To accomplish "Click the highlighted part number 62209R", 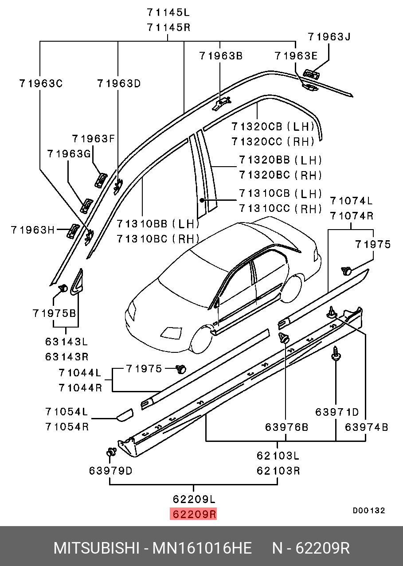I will [x=194, y=514].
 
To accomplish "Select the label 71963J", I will [x=329, y=37].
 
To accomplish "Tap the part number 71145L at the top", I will [x=168, y=12].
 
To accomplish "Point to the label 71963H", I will [x=32, y=230].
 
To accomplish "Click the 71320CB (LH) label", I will [x=272, y=127].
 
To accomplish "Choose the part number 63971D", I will [x=337, y=412].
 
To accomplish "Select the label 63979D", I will [x=110, y=471].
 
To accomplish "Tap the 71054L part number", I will [x=67, y=411].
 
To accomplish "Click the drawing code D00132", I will [x=368, y=511].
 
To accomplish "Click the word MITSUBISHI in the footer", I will [x=96, y=548].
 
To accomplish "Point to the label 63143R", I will [x=67, y=356].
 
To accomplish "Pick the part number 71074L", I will [x=351, y=201].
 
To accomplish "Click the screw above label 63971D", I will [x=336, y=354].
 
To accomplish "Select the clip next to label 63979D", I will [x=111, y=453].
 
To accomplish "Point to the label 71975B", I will [x=54, y=313].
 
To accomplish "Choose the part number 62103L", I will [x=278, y=455].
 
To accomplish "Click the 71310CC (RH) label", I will [x=280, y=208].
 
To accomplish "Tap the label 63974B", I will [x=367, y=427].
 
